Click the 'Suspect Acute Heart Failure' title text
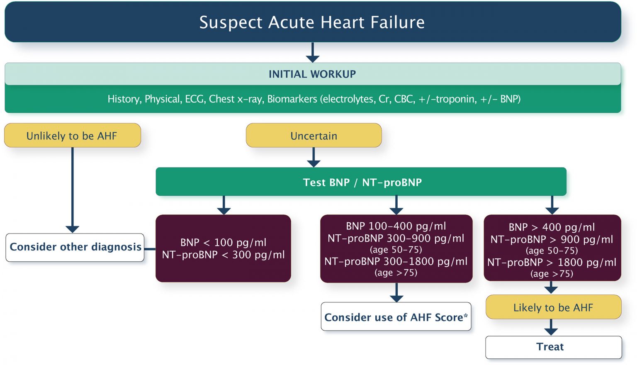pyautogui.click(x=312, y=22)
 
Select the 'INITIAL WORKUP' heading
pyautogui.click(x=312, y=74)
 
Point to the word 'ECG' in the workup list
pyautogui.click(x=195, y=99)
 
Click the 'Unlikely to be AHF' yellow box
pyautogui.click(x=72, y=136)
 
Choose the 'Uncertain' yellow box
pyautogui.click(x=314, y=136)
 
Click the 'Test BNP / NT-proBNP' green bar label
pyautogui.click(x=362, y=182)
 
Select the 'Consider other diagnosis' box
pyautogui.click(x=75, y=247)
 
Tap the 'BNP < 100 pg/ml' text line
pyautogui.click(x=223, y=242)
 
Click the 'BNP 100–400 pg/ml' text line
pyautogui.click(x=396, y=226)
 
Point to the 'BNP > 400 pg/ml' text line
pyautogui.click(x=552, y=227)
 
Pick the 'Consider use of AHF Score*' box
pyautogui.click(x=396, y=317)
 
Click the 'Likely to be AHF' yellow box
pyautogui.click(x=553, y=308)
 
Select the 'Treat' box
pyautogui.click(x=550, y=347)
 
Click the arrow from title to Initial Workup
pyautogui.click(x=312, y=53)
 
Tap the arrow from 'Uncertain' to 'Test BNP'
pyautogui.click(x=314, y=158)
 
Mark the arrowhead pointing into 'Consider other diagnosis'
pyautogui.click(x=73, y=229)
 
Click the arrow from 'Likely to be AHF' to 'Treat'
pyautogui.click(x=551, y=328)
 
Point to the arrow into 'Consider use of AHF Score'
pyautogui.click(x=396, y=293)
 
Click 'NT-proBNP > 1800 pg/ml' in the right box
pyautogui.click(x=552, y=263)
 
